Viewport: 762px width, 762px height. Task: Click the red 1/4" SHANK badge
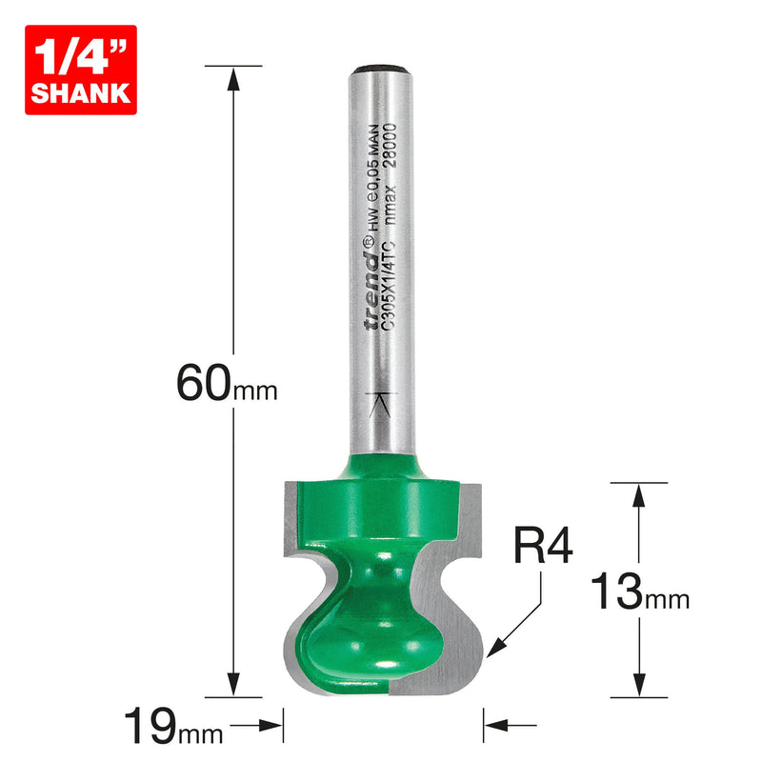pos(81,70)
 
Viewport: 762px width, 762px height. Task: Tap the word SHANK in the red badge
pos(81,92)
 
